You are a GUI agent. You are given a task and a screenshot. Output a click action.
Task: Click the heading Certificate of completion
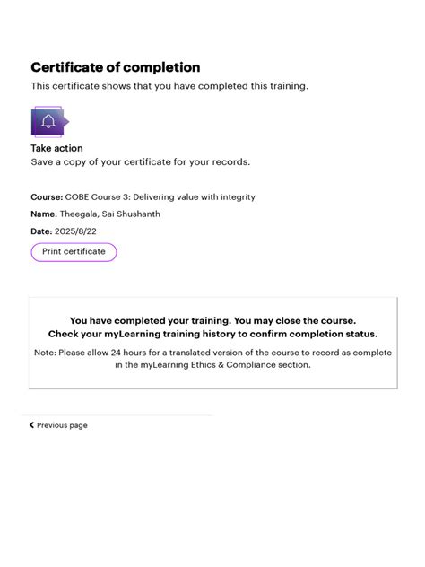coord(116,67)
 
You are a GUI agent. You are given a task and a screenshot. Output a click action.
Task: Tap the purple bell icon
coord(48,121)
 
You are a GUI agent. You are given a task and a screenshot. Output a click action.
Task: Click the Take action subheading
coord(56,148)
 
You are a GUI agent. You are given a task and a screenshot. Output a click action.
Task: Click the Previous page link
coord(62,425)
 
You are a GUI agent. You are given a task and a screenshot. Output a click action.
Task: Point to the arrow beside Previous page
coord(32,425)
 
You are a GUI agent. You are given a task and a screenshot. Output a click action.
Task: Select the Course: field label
coord(47,196)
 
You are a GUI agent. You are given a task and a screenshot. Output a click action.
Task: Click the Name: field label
coord(44,214)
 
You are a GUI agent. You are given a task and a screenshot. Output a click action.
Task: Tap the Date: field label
coord(42,231)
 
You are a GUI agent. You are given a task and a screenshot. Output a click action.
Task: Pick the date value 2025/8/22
coord(75,231)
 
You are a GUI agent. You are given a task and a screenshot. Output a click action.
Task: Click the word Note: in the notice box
coord(46,353)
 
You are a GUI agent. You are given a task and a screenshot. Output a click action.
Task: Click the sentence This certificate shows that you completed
coord(169,86)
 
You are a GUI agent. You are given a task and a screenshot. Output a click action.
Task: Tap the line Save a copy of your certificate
coord(141,162)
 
